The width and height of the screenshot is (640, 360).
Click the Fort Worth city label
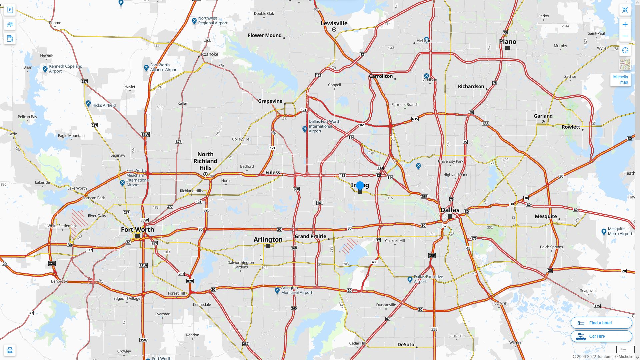tap(137, 229)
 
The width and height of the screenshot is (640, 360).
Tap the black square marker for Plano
tap(507, 48)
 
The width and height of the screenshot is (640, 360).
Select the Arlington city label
tap(268, 239)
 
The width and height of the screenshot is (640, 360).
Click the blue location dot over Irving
tap(360, 185)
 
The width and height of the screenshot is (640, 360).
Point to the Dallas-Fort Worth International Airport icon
tap(304, 129)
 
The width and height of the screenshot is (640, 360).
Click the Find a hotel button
tap(601, 323)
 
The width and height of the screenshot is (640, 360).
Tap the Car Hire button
tap(601, 336)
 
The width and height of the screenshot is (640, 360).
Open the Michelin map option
tap(620, 80)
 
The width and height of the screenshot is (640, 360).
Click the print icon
tap(10, 350)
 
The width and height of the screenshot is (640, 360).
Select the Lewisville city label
tap(334, 23)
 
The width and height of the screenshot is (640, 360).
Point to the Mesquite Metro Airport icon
tap(604, 231)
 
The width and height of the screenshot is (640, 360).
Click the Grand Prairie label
tap(310, 236)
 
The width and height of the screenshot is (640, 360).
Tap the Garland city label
tap(543, 116)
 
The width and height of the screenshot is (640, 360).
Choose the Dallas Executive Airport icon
tap(410, 279)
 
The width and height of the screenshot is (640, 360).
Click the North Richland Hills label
tap(205, 161)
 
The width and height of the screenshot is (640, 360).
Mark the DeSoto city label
tap(406, 345)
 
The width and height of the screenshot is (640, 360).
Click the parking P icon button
tap(10, 10)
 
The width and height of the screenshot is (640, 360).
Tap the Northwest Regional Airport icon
tap(194, 21)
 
